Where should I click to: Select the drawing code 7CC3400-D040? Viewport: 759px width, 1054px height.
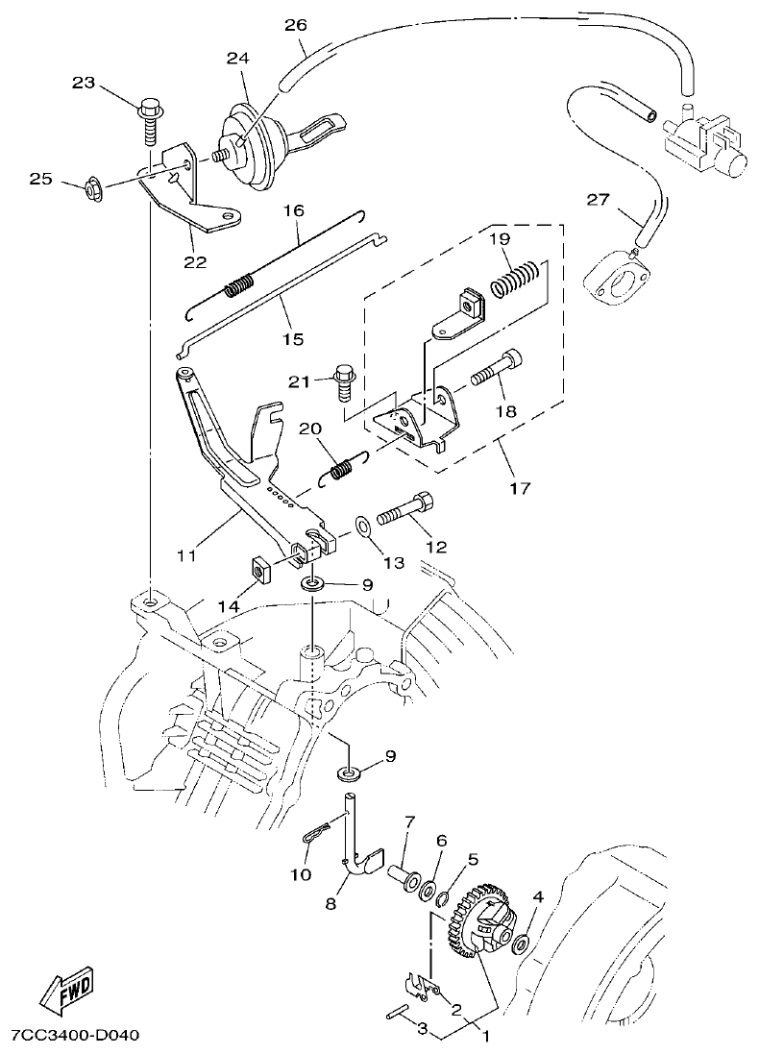[76, 1037]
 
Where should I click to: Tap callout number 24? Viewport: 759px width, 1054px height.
[237, 58]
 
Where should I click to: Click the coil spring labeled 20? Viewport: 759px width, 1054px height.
[341, 470]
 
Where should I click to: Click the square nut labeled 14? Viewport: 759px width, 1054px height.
[259, 571]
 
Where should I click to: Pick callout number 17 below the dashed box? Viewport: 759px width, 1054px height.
[520, 489]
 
